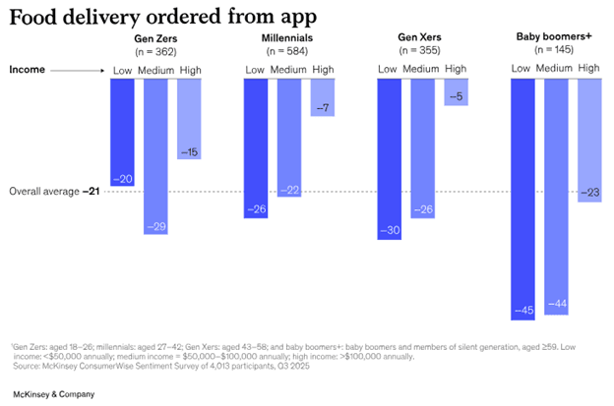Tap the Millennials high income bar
(323, 96)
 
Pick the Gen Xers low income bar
(390, 157)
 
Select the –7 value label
(323, 106)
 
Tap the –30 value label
(390, 230)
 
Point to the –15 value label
(189, 150)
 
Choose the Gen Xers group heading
(421, 37)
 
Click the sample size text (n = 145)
(556, 49)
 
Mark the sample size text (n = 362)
(155, 49)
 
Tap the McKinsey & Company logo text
(54, 393)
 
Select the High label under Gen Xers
(456, 69)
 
